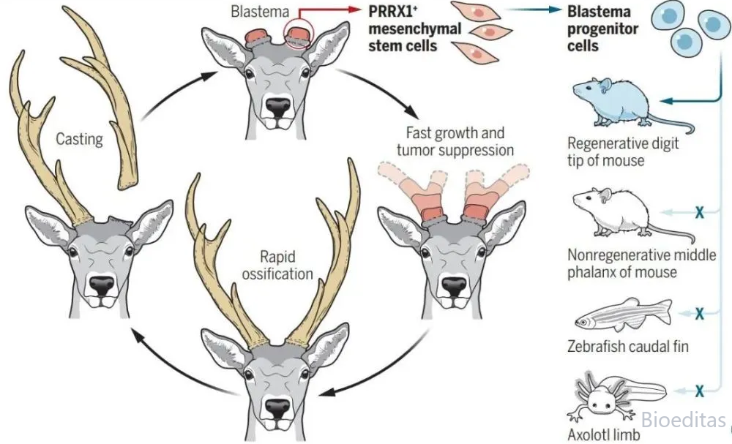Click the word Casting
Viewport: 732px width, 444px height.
coord(79,138)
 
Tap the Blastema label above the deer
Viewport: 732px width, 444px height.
coord(260,11)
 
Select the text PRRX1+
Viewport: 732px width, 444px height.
coord(392,11)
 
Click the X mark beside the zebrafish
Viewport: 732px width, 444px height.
coord(699,314)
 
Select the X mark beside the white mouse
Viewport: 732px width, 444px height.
coord(699,213)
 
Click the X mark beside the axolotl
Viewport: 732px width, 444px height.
coord(699,391)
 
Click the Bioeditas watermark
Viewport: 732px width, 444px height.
coord(683,420)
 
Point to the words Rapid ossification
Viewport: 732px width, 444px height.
coord(277,265)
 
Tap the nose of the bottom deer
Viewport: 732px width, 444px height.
coord(277,408)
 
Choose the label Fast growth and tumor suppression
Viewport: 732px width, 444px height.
coord(455,141)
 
